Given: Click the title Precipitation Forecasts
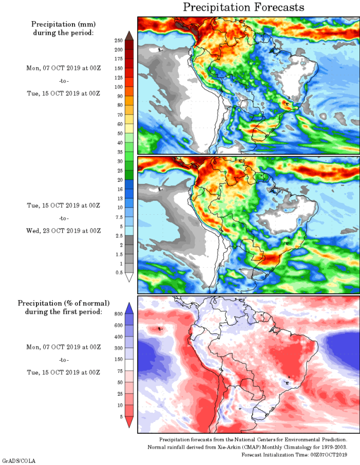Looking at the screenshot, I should pyautogui.click(x=243, y=7).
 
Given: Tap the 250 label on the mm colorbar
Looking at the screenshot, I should pyautogui.click(x=118, y=40).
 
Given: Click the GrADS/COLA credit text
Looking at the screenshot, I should pyautogui.click(x=19, y=460).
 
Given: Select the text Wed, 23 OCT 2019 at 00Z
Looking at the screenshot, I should pyautogui.click(x=63, y=230).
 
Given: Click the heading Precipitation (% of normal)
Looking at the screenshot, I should pyautogui.click(x=64, y=303).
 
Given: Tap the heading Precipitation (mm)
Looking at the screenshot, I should pyautogui.click(x=64, y=24).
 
